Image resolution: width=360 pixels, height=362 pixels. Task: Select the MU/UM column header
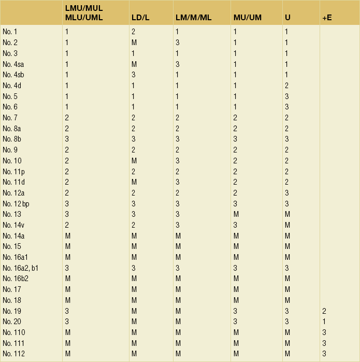point(247,18)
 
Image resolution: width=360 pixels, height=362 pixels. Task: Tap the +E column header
point(327,18)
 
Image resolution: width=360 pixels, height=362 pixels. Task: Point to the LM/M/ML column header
point(193,18)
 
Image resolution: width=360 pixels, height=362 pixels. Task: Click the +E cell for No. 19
point(324,311)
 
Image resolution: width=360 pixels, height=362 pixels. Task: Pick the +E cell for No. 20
point(324,322)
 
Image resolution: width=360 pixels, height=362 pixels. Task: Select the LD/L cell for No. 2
point(134,42)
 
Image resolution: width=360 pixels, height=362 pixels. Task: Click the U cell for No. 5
point(287,96)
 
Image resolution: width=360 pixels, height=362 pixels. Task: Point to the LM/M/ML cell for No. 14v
point(177,225)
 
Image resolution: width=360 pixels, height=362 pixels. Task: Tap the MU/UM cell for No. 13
point(236,214)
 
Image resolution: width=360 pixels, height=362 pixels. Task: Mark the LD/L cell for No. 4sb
point(133,75)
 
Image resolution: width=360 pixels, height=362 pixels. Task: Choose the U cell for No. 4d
point(287,86)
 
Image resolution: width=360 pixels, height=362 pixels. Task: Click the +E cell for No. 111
point(324,343)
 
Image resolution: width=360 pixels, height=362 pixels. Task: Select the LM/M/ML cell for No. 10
point(177,160)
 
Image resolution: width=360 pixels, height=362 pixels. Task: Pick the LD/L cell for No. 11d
point(134,182)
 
